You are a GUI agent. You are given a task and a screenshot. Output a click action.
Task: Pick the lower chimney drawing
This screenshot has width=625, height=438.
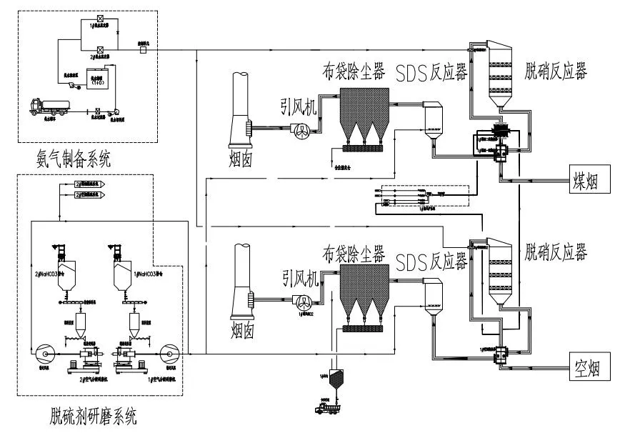(x=242, y=286)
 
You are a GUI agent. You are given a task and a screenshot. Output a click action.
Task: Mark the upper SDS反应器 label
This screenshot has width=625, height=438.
(x=429, y=72)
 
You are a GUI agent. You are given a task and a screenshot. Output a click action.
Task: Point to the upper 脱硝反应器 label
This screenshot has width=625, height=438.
(x=555, y=71)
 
